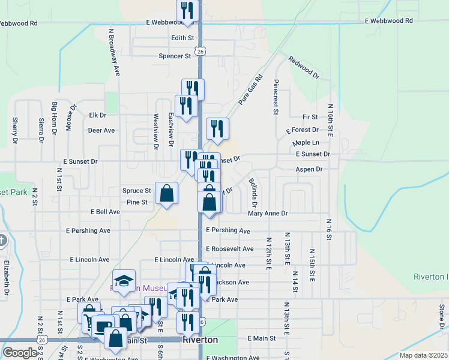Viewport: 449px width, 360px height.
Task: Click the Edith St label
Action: pos(183,38)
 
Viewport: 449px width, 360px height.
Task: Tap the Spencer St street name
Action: pos(175,56)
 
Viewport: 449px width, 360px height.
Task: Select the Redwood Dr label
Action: pos(304,68)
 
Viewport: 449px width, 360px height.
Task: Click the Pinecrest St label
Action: pos(276,97)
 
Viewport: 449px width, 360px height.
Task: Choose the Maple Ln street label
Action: pos(306,143)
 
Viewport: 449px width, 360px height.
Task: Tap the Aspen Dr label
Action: pos(309,170)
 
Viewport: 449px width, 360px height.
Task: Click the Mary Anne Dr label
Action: pos(268,214)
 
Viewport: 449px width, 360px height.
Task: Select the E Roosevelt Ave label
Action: pos(230,249)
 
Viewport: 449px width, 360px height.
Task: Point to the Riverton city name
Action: pos(200,340)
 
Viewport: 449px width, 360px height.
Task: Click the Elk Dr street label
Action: pos(97,115)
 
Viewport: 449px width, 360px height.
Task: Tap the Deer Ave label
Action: pos(101,130)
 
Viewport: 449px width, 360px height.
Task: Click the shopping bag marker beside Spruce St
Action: pos(167,194)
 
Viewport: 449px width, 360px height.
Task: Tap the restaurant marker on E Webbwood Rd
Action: pos(187,11)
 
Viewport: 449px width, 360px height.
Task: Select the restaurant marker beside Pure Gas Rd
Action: pos(217,129)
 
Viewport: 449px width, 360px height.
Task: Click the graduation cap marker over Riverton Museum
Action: pos(124,281)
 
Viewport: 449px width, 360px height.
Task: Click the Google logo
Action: pos(19,353)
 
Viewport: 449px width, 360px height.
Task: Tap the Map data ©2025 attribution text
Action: pos(423,355)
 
